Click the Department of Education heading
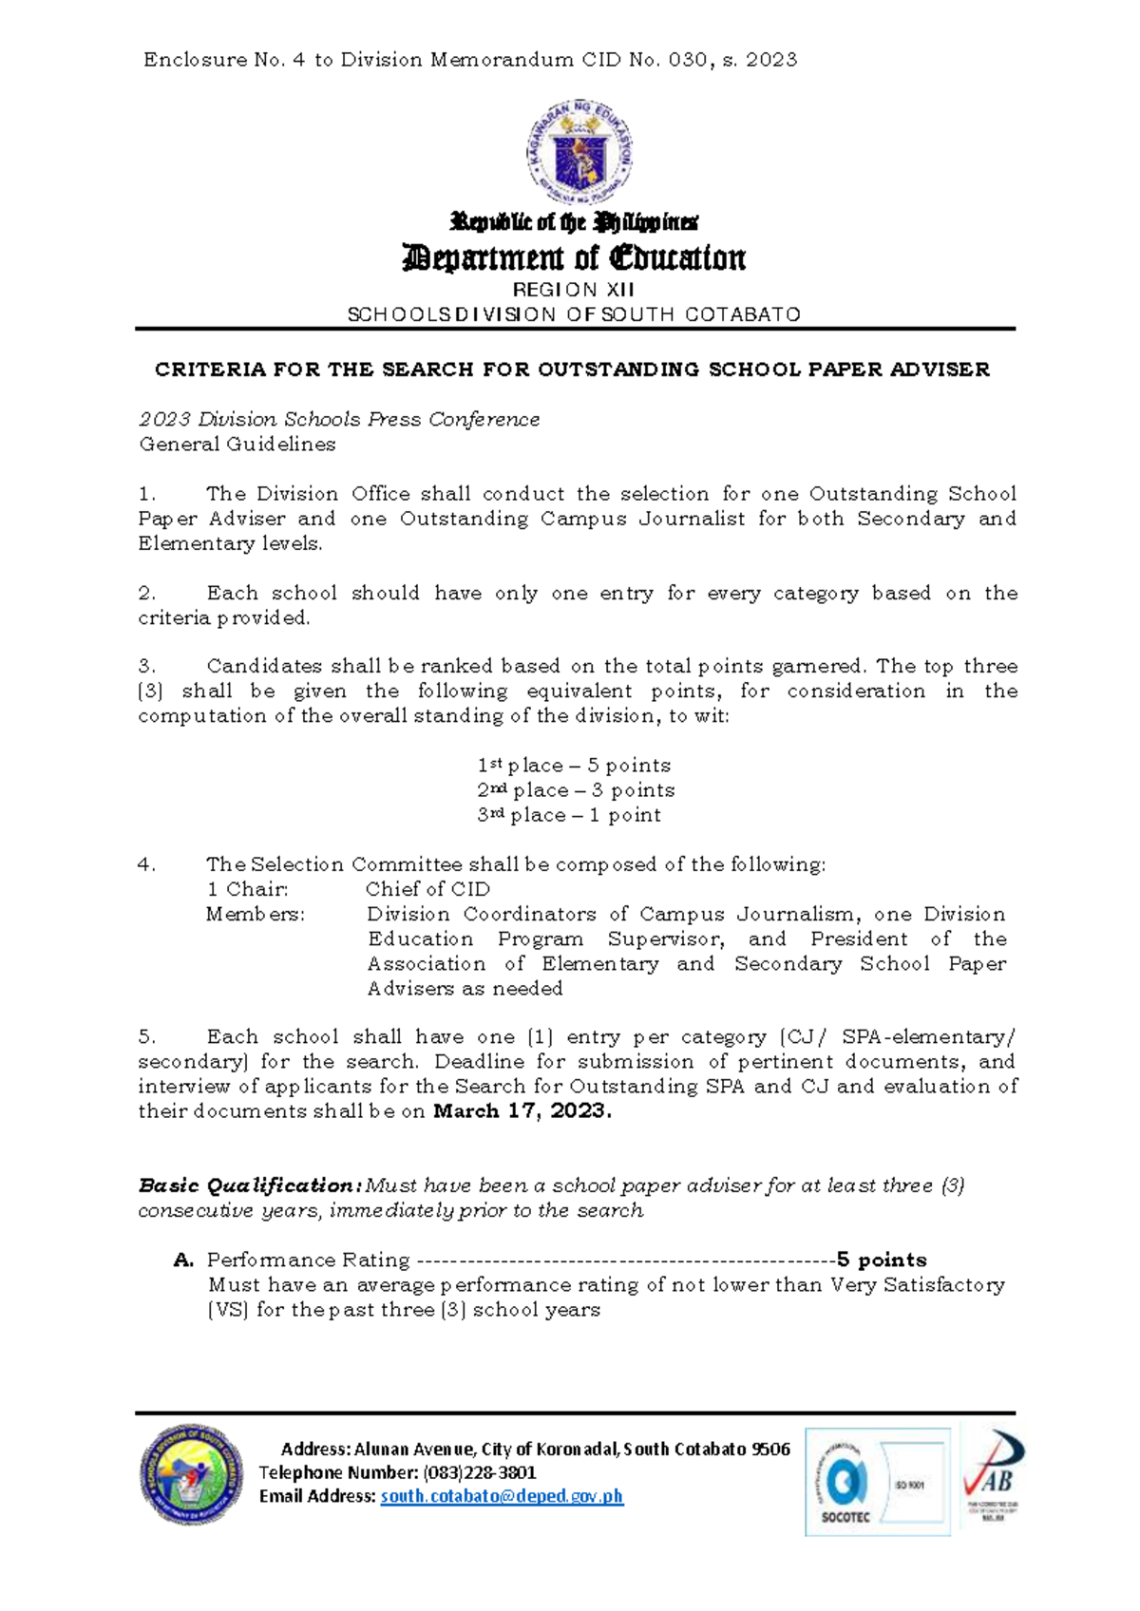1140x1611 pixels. (575, 257)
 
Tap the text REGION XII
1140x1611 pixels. (574, 290)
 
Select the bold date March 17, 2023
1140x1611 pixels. (522, 1111)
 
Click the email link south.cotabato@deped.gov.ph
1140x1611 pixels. (502, 1496)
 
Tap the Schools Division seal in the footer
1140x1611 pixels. (191, 1474)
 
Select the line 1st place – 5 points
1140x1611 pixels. (574, 766)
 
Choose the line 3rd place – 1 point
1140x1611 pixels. (569, 815)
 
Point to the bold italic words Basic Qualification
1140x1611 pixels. (249, 1185)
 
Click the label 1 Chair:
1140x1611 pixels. (247, 889)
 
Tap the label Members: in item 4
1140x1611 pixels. (256, 914)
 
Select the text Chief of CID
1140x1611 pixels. (427, 889)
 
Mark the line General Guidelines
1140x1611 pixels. (237, 445)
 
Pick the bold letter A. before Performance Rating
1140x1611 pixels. (184, 1260)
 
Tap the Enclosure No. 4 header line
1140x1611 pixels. (470, 60)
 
